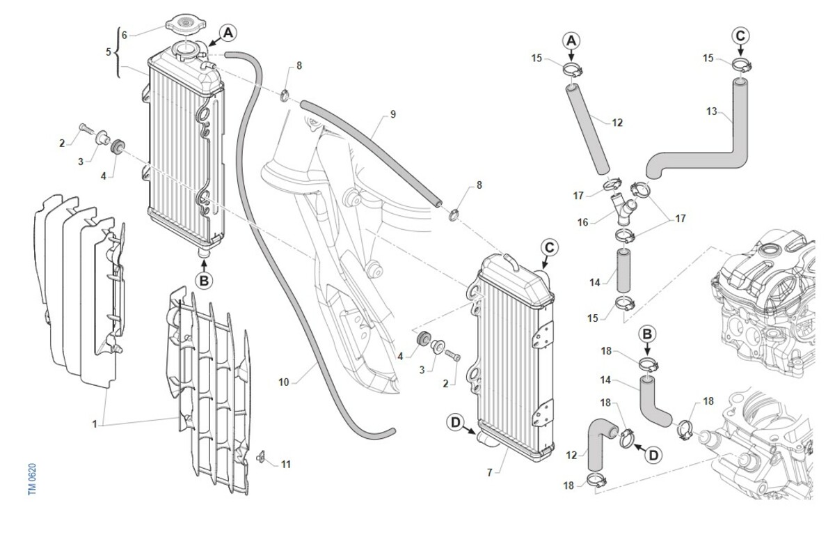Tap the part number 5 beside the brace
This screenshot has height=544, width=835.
pos(109,52)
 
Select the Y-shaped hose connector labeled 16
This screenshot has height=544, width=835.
pos(623,210)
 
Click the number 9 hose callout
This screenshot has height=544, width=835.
pos(393,114)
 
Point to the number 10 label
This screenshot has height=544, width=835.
pos(284,382)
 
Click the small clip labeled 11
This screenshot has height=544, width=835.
pos(261,456)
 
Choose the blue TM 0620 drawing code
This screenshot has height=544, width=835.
pos(33,479)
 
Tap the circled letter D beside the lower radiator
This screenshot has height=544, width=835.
pos(456,422)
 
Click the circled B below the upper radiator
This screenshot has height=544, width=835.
pos(204,281)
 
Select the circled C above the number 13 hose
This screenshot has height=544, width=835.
pos(740,36)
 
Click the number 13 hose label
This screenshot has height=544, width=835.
pos(712,111)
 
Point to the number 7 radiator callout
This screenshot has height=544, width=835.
pos(490,473)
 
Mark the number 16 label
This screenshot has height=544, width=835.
pos(582,222)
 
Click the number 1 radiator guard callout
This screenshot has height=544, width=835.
pos(95,424)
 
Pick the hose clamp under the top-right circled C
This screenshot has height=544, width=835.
pos(742,65)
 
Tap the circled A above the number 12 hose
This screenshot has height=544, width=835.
pos(571,40)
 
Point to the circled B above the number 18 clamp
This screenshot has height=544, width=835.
pos(647,334)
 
